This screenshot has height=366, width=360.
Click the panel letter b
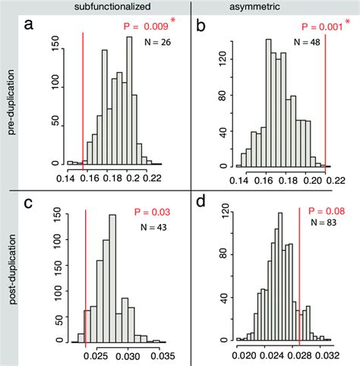(201, 28)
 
